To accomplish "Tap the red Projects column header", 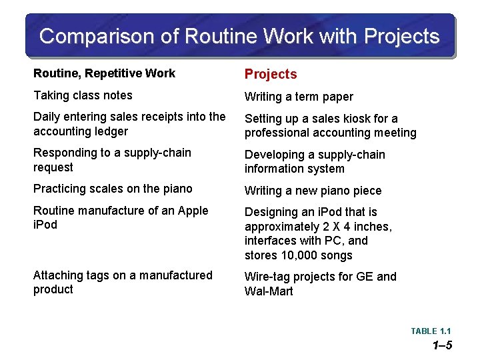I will pos(271,74).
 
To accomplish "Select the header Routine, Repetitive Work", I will pos(104,73).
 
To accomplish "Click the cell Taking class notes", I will pos(83,95).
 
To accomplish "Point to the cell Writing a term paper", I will pos(299,97).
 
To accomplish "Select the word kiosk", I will pos(357,119).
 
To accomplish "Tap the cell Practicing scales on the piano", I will pos(113,189).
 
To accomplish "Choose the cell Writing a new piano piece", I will pos(313,191).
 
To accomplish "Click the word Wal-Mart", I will pos(269,291).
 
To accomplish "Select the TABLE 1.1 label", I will pos(431,331).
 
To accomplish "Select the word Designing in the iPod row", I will pos(273,212).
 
